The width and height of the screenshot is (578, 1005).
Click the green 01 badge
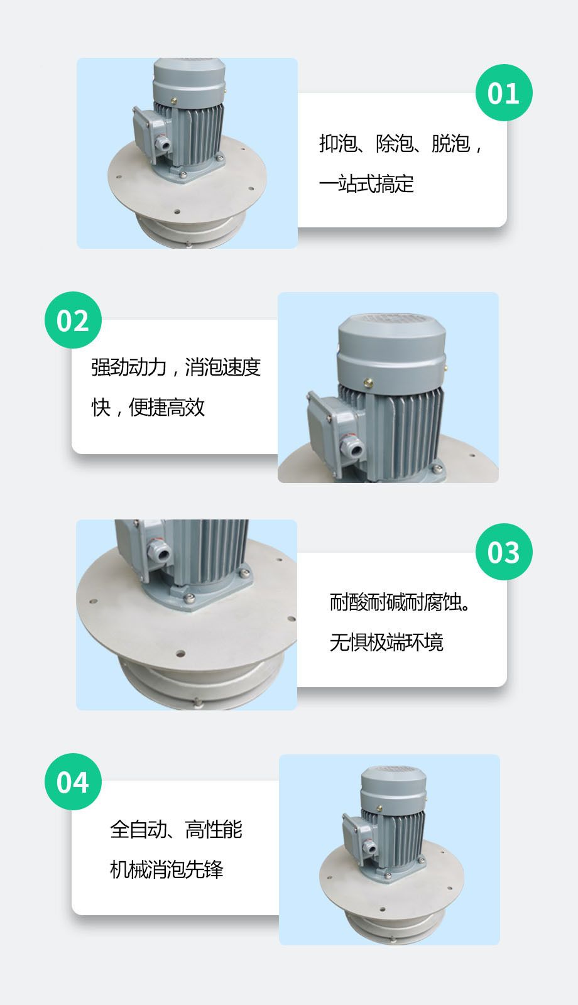tap(504, 92)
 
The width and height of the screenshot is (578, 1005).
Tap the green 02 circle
tap(73, 320)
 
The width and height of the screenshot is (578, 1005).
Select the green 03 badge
tap(504, 551)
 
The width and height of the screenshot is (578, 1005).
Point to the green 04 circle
tap(73, 781)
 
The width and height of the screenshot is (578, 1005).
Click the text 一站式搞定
tap(366, 183)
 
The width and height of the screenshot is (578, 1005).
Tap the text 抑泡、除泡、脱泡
tap(395, 144)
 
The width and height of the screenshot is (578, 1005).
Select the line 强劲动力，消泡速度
tap(176, 367)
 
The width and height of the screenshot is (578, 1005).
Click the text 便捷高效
tap(166, 408)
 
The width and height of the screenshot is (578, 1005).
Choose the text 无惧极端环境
tap(386, 642)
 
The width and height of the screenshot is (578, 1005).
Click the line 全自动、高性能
tap(176, 829)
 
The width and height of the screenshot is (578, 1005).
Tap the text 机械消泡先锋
tap(166, 869)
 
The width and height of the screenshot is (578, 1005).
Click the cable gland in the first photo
tap(162, 144)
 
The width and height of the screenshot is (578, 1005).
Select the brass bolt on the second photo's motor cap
tap(368, 383)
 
